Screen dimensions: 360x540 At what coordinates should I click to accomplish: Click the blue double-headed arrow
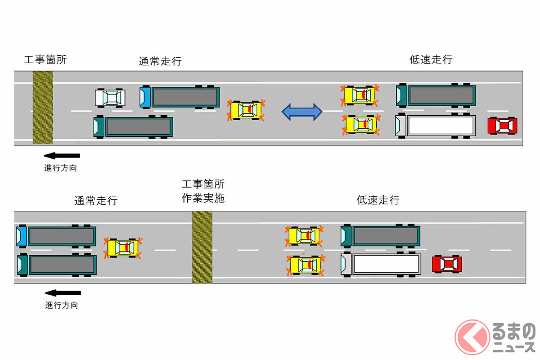[x=302, y=112]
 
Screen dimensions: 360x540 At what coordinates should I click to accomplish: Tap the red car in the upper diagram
[x=503, y=126]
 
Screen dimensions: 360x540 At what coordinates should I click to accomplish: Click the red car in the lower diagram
[x=447, y=264]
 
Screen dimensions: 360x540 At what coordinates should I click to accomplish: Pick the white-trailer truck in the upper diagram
[x=436, y=126]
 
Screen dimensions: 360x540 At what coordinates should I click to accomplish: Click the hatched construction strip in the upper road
[x=43, y=108]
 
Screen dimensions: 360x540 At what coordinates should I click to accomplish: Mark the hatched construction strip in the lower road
[x=202, y=247]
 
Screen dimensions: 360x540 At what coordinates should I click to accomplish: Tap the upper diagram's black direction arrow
[x=62, y=156]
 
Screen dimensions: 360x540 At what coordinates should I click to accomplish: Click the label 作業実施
[x=203, y=198]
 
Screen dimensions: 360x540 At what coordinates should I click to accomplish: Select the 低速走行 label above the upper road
[x=431, y=60]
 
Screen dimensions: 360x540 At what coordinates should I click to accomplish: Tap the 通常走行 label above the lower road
[x=96, y=201]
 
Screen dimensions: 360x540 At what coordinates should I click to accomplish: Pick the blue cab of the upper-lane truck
[x=145, y=97]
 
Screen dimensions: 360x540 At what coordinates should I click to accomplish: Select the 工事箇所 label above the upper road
[x=45, y=59]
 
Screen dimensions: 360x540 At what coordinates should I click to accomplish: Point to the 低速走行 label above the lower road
[x=378, y=200]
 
